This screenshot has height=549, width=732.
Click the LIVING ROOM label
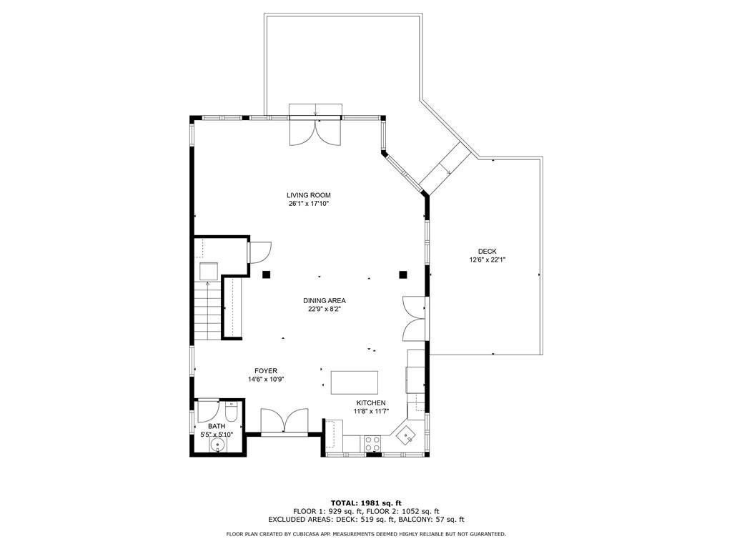[309, 195]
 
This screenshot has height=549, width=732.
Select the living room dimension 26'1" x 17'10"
[309, 204]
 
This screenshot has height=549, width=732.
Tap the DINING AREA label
[324, 301]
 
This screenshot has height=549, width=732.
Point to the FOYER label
[266, 371]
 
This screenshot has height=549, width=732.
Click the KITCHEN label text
[371, 403]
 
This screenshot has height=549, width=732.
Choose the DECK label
[488, 252]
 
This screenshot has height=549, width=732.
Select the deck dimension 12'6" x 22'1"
[488, 260]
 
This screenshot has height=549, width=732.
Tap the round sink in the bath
[218, 445]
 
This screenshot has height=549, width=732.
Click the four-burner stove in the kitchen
[372, 443]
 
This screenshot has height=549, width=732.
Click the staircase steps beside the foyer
[208, 312]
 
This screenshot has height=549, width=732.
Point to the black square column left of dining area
[267, 274]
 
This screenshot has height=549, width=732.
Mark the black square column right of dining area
[403, 274]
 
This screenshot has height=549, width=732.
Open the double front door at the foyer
[285, 421]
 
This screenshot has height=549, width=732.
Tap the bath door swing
[207, 410]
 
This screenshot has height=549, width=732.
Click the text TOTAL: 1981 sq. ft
[366, 503]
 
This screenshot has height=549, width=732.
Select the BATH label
[217, 426]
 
